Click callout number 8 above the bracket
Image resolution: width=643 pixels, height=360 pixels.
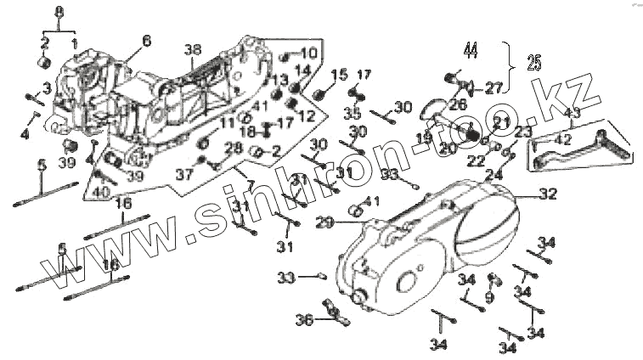(x=59, y=11)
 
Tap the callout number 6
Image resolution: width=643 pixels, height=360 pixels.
(x=146, y=40)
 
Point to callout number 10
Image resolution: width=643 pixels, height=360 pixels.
(x=307, y=53)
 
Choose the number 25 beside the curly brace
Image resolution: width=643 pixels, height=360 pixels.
(x=533, y=62)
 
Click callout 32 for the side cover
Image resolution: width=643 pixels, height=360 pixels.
(x=547, y=194)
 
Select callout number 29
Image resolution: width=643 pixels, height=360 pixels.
(x=323, y=222)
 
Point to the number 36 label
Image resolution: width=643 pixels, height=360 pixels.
(x=304, y=320)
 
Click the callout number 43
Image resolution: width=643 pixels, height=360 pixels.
(x=572, y=114)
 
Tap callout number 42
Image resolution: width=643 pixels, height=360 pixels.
(x=561, y=139)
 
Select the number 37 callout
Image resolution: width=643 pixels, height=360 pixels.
(x=184, y=174)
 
